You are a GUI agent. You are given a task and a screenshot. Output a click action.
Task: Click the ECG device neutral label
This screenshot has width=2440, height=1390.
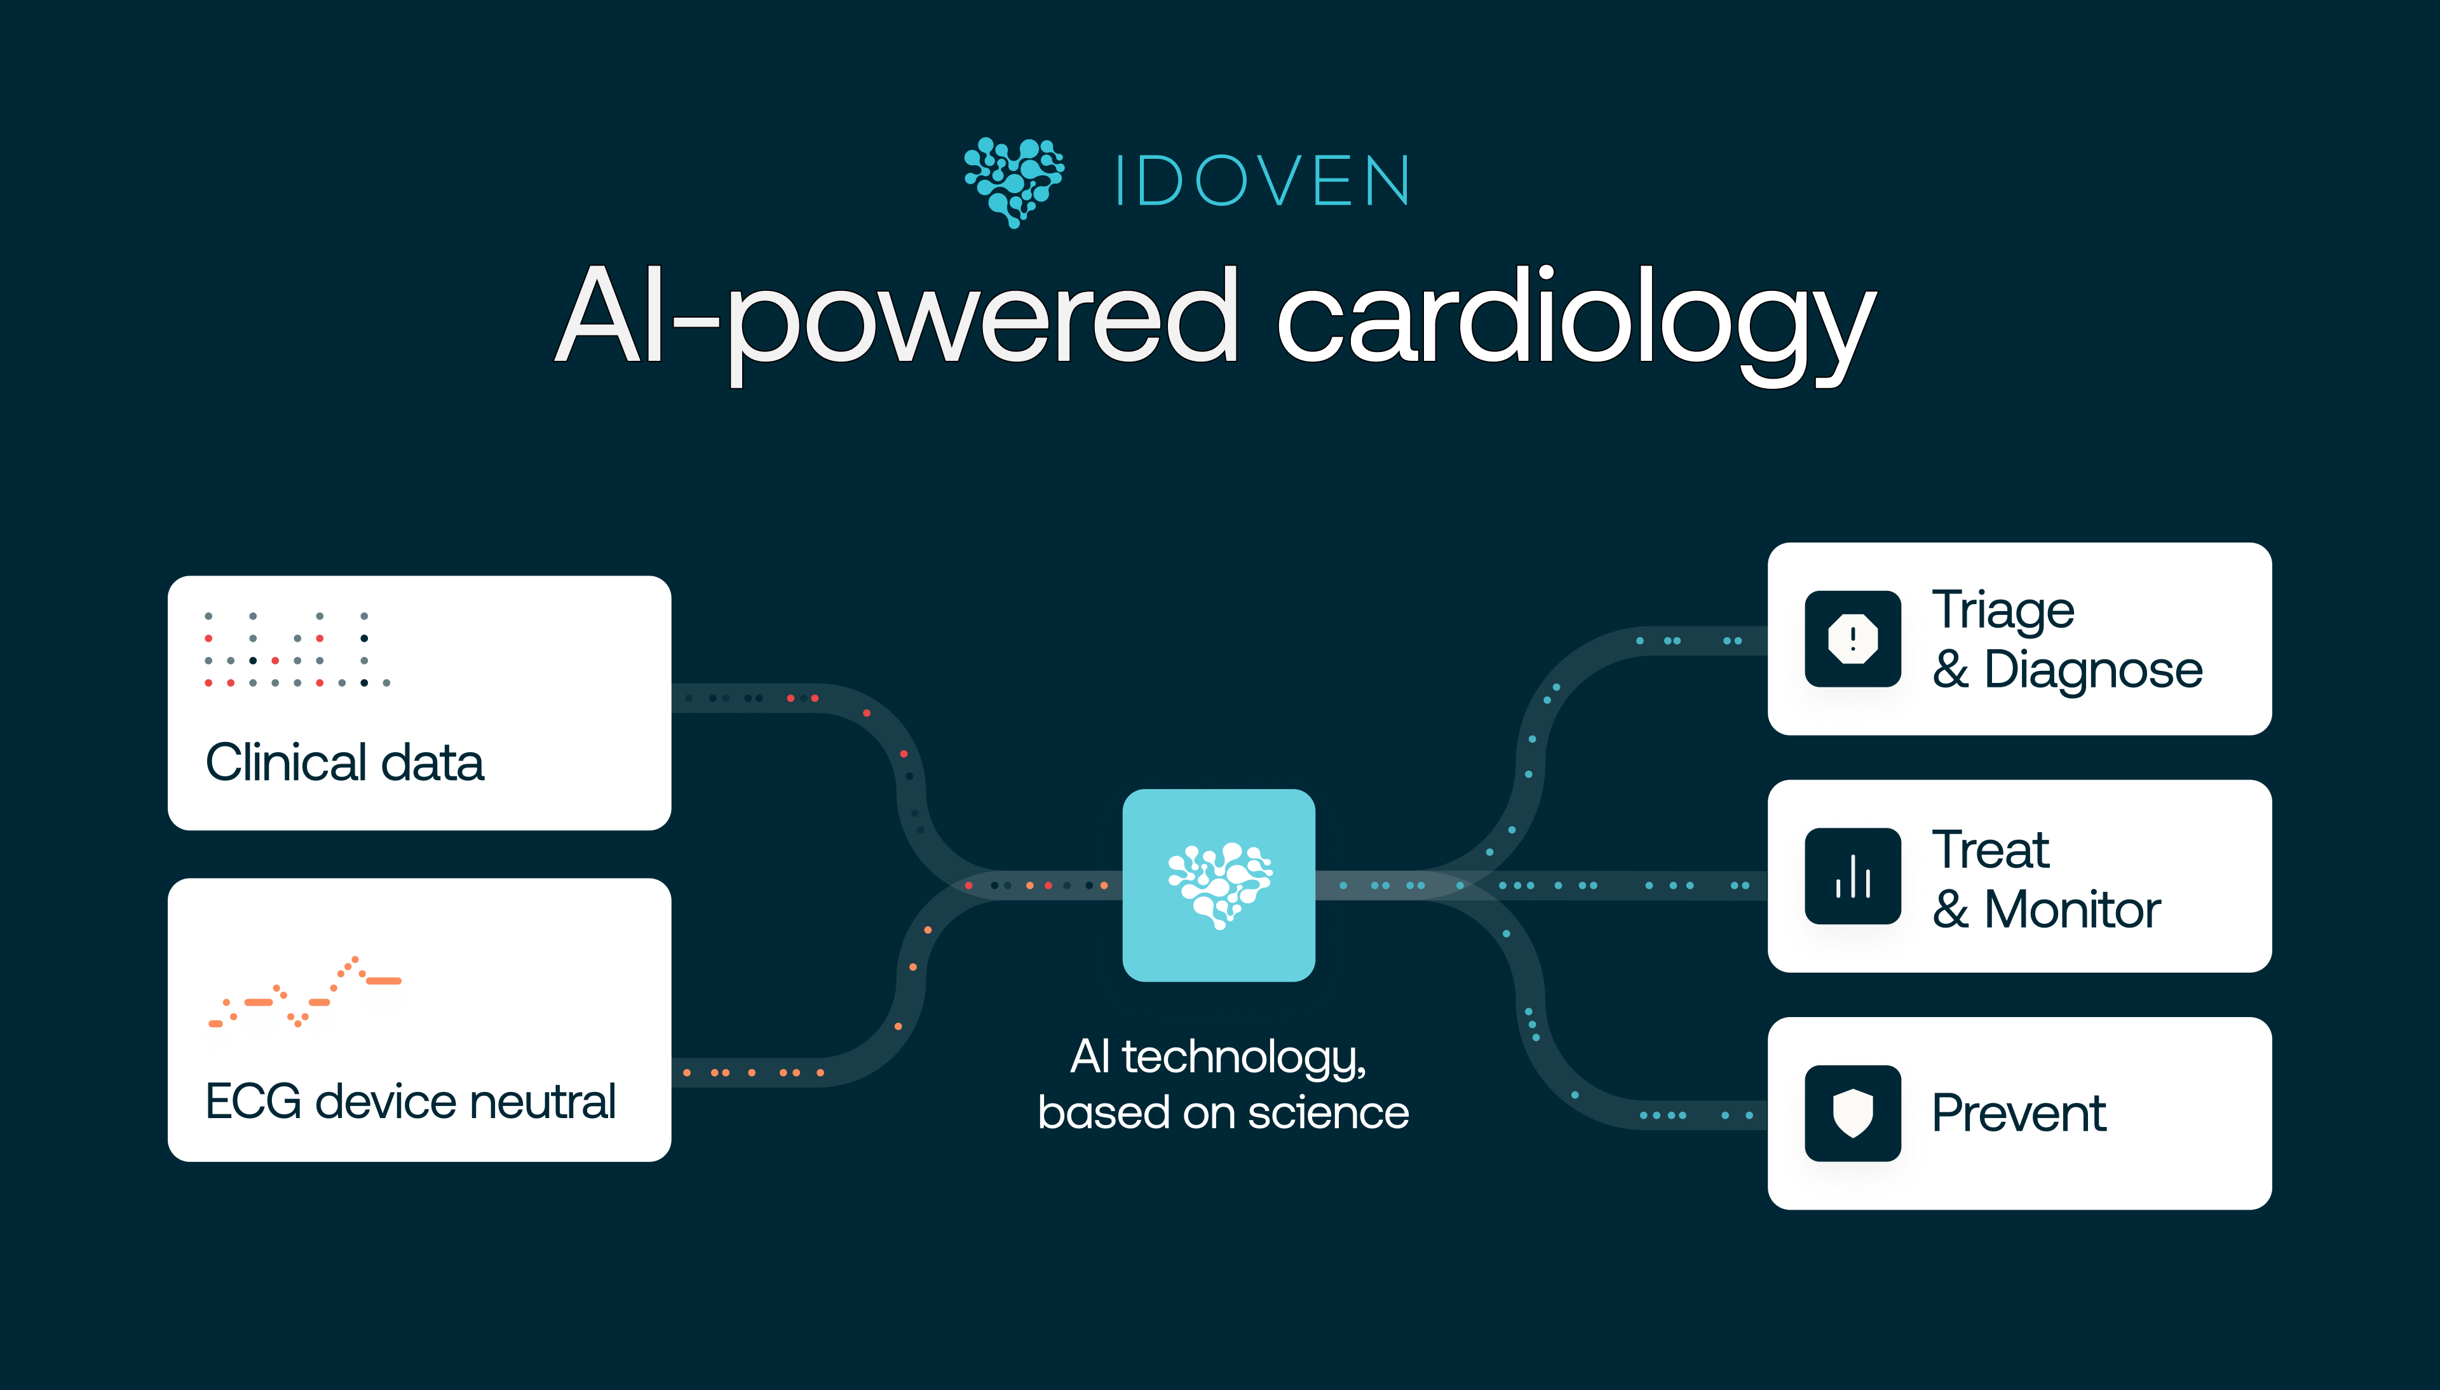click(410, 1101)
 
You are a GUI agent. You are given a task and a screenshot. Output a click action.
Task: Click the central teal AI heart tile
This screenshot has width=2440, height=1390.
click(1219, 885)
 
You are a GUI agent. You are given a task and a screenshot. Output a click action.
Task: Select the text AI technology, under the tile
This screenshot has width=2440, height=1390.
click(1219, 1057)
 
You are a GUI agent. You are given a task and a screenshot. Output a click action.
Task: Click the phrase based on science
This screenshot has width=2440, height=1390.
click(1223, 1113)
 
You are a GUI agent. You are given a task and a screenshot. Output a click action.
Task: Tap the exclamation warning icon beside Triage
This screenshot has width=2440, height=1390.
click(1853, 638)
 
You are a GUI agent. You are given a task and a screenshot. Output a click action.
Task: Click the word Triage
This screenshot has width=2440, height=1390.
click(2003, 610)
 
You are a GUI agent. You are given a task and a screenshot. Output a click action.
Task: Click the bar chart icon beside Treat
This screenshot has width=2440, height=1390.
click(1853, 877)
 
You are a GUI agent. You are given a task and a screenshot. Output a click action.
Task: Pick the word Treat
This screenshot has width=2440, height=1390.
click(1990, 849)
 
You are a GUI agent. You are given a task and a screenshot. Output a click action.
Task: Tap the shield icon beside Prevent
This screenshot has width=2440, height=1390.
click(1853, 1113)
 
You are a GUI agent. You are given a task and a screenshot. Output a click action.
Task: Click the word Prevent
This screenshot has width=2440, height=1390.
click(2019, 1113)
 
